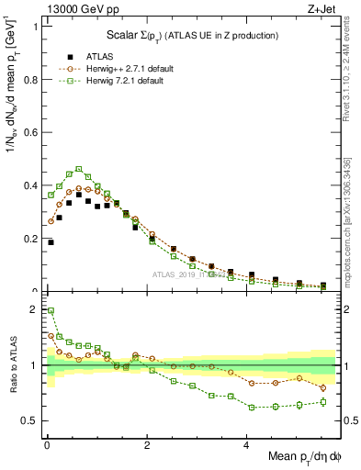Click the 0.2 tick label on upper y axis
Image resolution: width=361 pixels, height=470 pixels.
(x=32, y=239)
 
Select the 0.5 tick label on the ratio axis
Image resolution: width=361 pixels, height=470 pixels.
(x=32, y=420)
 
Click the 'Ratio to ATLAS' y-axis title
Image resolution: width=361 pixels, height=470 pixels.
(x=12, y=386)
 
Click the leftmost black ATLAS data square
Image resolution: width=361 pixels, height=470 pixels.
(x=51, y=242)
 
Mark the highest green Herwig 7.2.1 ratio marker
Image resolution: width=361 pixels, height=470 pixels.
(x=51, y=310)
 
